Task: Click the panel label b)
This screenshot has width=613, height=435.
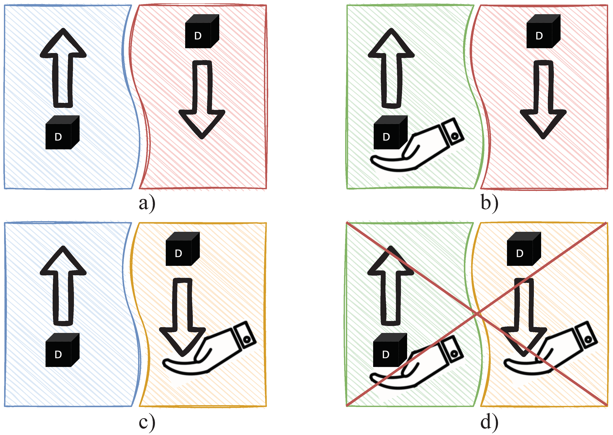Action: point(489,203)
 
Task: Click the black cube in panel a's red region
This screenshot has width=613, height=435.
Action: point(202,31)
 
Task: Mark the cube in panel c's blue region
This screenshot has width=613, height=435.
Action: point(62,350)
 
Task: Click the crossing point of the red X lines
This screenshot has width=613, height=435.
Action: point(477,313)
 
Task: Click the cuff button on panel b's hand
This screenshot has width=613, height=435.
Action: point(454,136)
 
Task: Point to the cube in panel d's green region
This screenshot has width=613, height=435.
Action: point(390,350)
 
